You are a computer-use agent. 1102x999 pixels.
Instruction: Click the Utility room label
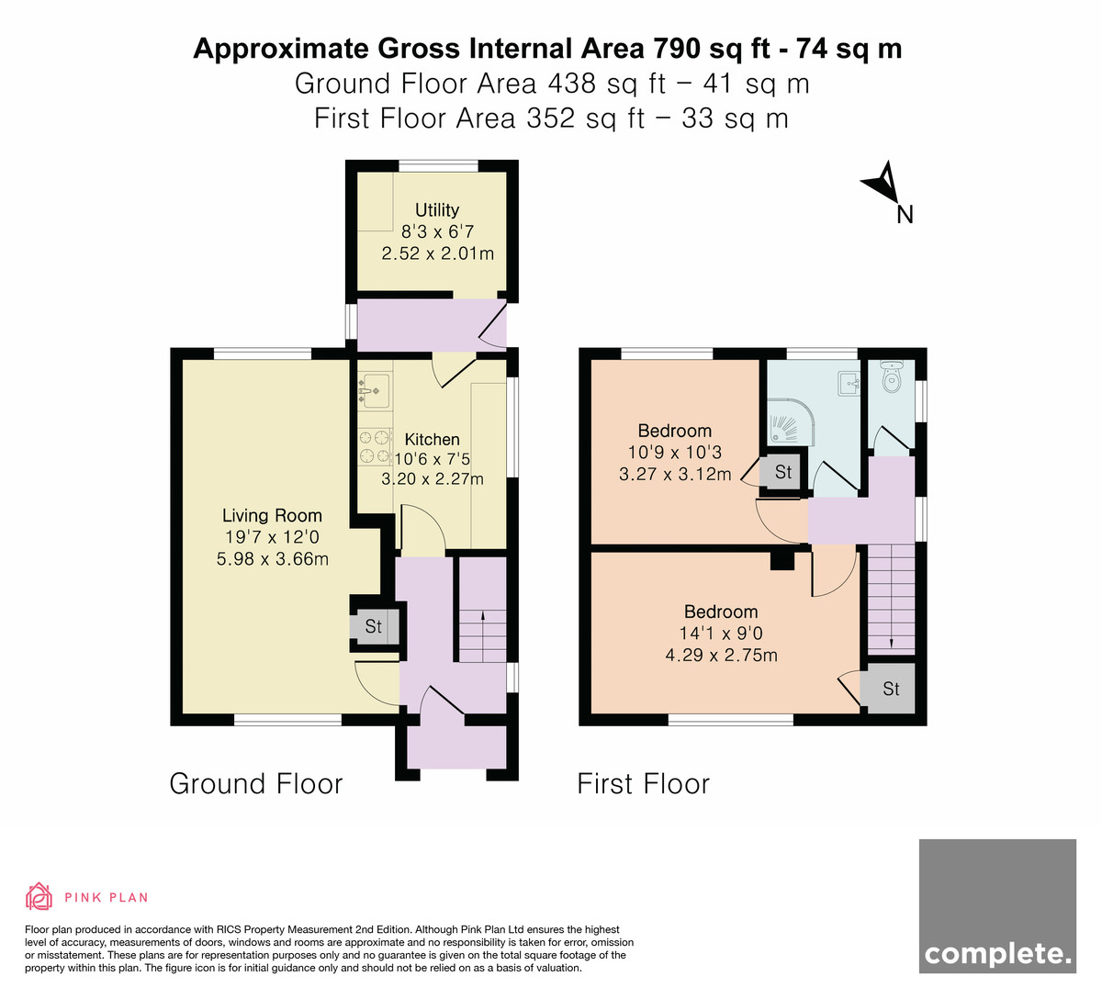[437, 210]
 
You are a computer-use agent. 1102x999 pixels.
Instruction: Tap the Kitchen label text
[433, 439]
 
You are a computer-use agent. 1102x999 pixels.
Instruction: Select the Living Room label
[272, 515]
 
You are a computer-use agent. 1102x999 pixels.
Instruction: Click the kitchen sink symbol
[376, 390]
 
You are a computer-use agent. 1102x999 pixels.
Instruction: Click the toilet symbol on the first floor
[891, 376]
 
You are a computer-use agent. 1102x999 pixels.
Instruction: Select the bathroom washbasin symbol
[849, 383]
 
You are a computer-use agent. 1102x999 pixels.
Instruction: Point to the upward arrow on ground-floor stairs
[483, 636]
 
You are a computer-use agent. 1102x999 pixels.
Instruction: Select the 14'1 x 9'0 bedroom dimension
[721, 634]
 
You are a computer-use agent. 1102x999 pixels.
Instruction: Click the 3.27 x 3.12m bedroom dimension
[675, 474]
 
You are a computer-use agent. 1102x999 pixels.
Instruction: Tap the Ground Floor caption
[256, 783]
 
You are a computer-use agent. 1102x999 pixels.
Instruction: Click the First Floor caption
[643, 783]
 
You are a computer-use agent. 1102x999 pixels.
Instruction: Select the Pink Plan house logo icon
[39, 896]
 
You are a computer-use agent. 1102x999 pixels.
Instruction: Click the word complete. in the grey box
[997, 954]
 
